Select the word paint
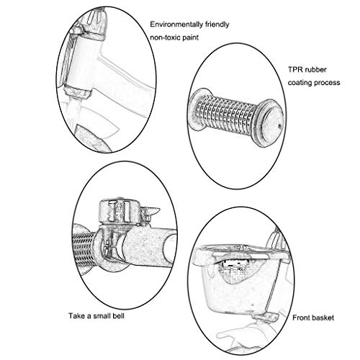click(191, 37)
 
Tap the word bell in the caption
click(117, 315)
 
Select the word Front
click(301, 318)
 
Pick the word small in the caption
click(101, 315)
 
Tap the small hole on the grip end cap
click(279, 125)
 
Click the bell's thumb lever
click(150, 212)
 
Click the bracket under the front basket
click(266, 317)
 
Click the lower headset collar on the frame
click(77, 91)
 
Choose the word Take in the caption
click(77, 315)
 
